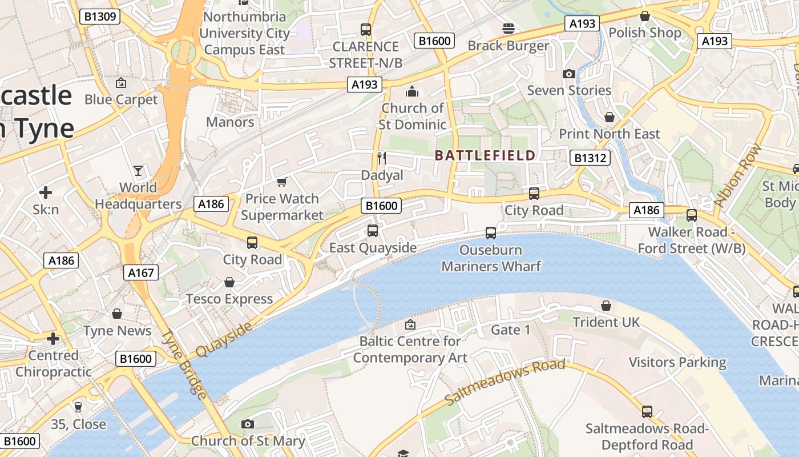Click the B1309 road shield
click(100, 16)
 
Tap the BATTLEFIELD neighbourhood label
click(485, 155)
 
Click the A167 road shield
click(140, 272)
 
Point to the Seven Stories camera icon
click(568, 74)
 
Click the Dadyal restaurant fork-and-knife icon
click(382, 158)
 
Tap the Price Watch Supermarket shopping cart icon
click(281, 182)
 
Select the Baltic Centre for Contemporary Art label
click(410, 350)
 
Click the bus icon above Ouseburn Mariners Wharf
click(490, 232)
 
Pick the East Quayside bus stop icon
click(373, 231)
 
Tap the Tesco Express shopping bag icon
click(229, 282)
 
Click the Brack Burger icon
click(508, 28)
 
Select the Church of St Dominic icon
click(411, 91)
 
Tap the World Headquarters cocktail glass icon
click(138, 170)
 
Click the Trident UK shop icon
click(606, 306)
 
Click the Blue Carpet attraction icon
click(120, 83)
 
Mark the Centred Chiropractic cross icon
click(53, 339)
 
